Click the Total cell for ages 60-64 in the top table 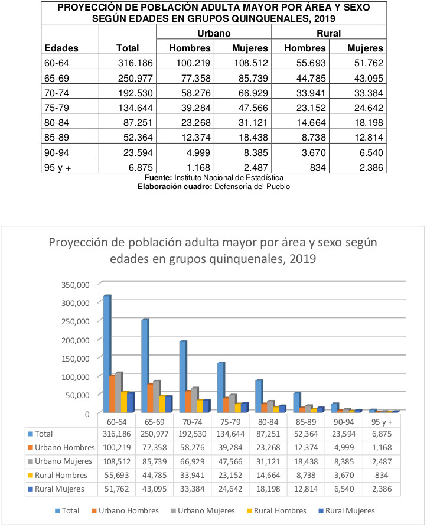pyautogui.click(x=135, y=63)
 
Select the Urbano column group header pyautogui.click(x=214, y=33)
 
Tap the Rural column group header pyautogui.click(x=328, y=33)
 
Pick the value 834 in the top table pyautogui.click(x=318, y=167)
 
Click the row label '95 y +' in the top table pyautogui.click(x=57, y=167)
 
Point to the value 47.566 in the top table pyautogui.click(x=253, y=108)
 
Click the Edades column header pyautogui.click(x=61, y=48)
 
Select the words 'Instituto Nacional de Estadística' pyautogui.click(x=229, y=177)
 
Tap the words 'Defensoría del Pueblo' pyautogui.click(x=252, y=187)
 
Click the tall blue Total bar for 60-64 pyautogui.click(x=107, y=354)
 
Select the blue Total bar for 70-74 pyautogui.click(x=183, y=377)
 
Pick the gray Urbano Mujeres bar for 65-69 pyautogui.click(x=157, y=396)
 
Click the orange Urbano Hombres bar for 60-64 pyautogui.click(x=112, y=394)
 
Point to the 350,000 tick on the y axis pyautogui.click(x=75, y=285)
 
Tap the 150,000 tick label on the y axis pyautogui.click(x=75, y=359)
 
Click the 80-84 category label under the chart pyautogui.click(x=268, y=422)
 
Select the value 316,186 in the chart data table pyautogui.click(x=116, y=434)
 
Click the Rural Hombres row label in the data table pyautogui.click(x=61, y=475)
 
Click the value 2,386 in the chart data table pyautogui.click(x=382, y=489)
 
